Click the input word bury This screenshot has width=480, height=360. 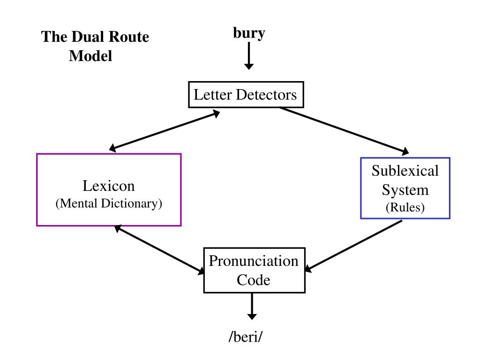[249, 33]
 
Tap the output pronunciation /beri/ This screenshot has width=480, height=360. [246, 337]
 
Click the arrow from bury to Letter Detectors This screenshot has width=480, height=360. [249, 55]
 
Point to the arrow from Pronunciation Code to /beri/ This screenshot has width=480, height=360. [252, 306]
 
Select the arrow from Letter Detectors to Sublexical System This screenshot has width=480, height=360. [344, 130]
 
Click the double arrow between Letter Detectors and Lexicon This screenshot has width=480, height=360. [165, 131]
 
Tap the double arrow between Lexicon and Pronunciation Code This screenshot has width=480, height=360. [159, 249]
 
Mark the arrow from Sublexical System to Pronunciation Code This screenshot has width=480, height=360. [353, 246]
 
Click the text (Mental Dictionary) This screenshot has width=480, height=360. [109, 203]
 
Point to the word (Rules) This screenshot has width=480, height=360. [405, 207]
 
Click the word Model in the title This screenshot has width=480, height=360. [90, 56]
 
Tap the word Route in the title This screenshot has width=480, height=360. [129, 37]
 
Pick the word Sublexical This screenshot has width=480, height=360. [405, 171]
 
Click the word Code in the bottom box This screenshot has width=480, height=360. [254, 280]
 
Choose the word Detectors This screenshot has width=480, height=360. [266, 95]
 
